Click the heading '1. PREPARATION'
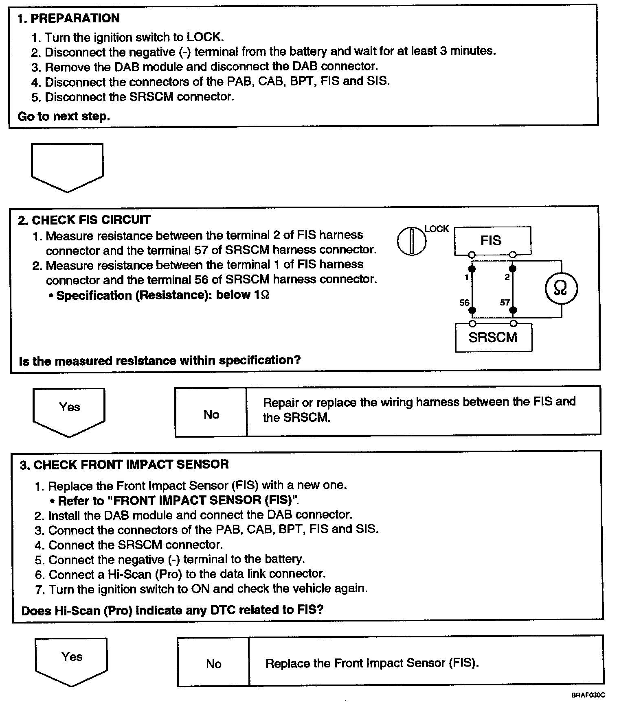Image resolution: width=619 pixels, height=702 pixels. (68, 18)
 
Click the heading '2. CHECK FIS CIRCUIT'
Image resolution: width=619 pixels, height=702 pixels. (84, 220)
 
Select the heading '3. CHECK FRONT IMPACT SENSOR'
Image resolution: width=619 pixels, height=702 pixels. (125, 464)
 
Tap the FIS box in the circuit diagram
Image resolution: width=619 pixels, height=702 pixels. (492, 240)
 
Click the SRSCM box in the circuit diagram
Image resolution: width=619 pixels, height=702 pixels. (493, 337)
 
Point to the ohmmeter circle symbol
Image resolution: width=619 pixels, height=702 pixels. (561, 288)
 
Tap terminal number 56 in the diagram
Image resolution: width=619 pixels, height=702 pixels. (464, 303)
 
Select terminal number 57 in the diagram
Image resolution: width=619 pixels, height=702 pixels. (505, 303)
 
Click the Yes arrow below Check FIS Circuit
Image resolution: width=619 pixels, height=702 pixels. (69, 411)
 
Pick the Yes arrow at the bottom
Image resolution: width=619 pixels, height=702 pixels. (72, 661)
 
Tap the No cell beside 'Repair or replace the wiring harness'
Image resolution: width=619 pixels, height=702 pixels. (211, 414)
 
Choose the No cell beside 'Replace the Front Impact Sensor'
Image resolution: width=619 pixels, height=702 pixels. (213, 664)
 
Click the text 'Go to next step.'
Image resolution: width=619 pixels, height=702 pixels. (64, 116)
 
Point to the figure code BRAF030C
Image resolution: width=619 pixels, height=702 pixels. (588, 695)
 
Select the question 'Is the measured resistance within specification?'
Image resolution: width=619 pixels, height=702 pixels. (160, 360)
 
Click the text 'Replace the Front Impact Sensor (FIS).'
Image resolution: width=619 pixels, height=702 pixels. (372, 663)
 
